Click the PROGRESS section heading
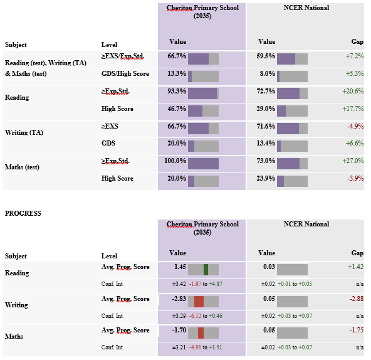pos(23,213)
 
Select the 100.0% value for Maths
pos(175,161)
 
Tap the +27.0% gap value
pos(353,161)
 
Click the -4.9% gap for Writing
pos(355,126)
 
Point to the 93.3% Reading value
pos(177,91)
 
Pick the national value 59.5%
pos(266,56)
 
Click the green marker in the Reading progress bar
pos(206,270)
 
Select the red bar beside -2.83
pos(199,302)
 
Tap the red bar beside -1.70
pos(201,333)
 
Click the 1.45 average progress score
pos(180,267)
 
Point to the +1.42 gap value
pos(355,267)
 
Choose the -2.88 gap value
pos(357,299)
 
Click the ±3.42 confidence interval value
pos(179,284)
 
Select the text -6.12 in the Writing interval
pos(195,316)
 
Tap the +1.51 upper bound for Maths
pos(216,347)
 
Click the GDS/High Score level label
pos(125,73)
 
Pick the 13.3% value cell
pos(177,73)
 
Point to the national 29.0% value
pos(266,109)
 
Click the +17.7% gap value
pos(353,109)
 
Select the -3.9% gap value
pos(355,178)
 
